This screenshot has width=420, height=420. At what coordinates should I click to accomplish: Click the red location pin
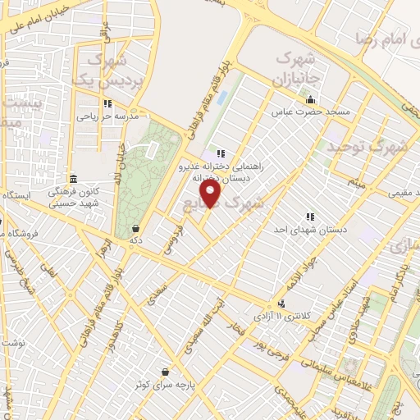click(x=212, y=193)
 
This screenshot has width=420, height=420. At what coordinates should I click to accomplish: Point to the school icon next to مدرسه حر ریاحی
click(x=107, y=103)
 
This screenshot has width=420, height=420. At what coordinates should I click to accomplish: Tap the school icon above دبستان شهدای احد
click(x=310, y=217)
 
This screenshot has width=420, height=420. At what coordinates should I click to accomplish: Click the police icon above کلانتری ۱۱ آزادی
click(x=284, y=303)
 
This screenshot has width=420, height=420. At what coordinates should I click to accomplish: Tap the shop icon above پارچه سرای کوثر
click(x=167, y=371)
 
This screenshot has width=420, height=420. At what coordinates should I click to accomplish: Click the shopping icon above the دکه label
click(x=135, y=229)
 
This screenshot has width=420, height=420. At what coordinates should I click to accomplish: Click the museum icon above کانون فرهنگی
click(x=73, y=179)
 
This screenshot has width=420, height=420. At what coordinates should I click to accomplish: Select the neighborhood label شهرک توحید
click(x=367, y=148)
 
